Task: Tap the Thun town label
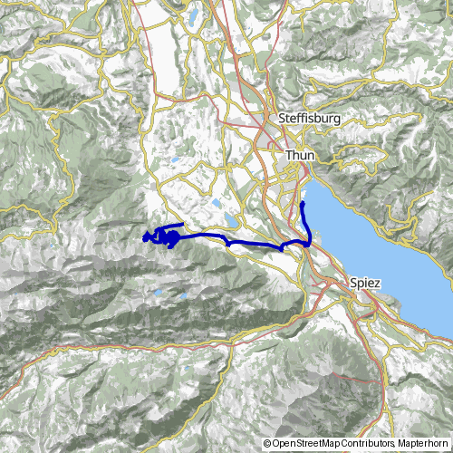click(299, 156)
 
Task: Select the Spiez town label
click(365, 284)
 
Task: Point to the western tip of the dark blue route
click(143, 239)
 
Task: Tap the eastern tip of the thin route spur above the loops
click(184, 224)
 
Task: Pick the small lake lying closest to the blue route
click(233, 220)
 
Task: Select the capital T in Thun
click(289, 156)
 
